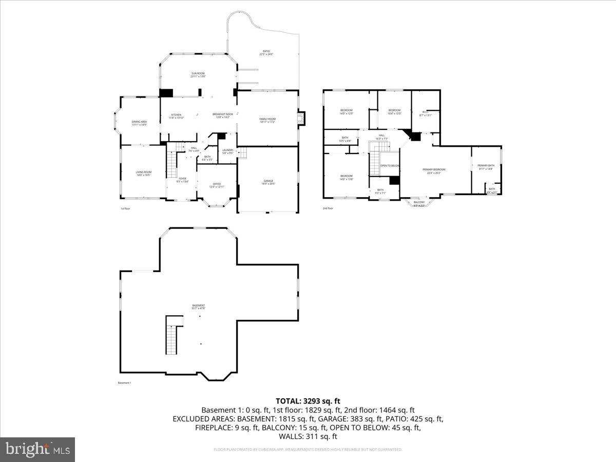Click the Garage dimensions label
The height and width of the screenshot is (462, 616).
click(x=268, y=184)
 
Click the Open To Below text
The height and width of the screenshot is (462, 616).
click(x=390, y=166)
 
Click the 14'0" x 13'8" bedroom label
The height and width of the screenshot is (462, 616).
click(x=346, y=177)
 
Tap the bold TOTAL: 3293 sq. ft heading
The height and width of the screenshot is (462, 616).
click(x=307, y=401)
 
